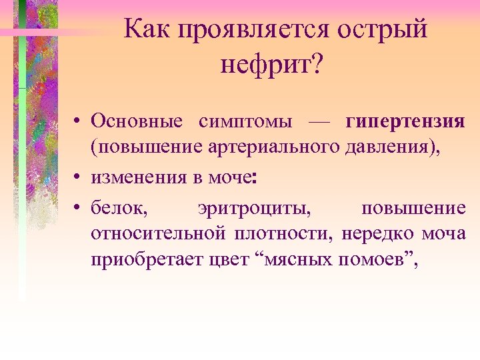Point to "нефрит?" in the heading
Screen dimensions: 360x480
270,65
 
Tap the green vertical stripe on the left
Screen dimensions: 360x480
23,200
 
